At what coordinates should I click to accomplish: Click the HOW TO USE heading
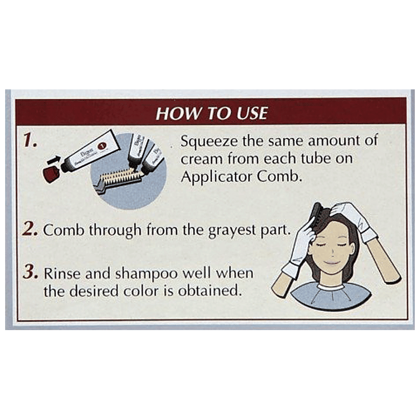211,113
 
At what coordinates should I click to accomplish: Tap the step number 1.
30,140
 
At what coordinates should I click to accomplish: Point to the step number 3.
30,272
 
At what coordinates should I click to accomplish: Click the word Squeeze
209,142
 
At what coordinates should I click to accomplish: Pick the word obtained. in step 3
208,291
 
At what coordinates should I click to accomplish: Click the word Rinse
62,273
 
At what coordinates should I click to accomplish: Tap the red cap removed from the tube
51,174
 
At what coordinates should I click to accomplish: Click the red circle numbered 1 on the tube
102,146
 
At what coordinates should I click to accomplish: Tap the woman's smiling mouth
331,262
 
